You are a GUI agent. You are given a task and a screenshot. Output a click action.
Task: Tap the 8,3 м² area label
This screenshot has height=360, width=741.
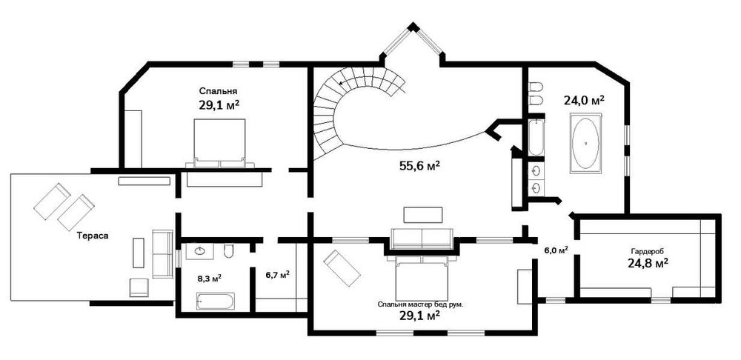(210, 279)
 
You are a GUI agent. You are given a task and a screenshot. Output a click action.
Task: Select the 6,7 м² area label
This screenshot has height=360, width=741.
(277, 274)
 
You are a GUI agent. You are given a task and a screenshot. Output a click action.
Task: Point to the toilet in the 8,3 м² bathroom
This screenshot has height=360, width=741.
(228, 252)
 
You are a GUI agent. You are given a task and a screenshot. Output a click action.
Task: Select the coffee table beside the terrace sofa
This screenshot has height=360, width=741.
(138, 253)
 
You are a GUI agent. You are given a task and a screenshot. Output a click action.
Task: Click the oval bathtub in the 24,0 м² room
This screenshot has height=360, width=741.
(586, 144)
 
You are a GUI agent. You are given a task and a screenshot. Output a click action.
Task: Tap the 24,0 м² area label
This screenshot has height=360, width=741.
(584, 100)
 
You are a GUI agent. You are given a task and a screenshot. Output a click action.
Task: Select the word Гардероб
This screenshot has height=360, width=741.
(648, 250)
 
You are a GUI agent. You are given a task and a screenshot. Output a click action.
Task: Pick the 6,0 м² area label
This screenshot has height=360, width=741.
(556, 250)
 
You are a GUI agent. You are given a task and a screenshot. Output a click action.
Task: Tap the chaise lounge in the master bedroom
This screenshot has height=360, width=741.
(342, 268)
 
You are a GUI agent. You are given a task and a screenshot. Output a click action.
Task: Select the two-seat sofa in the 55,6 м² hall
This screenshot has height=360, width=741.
(422, 238)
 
